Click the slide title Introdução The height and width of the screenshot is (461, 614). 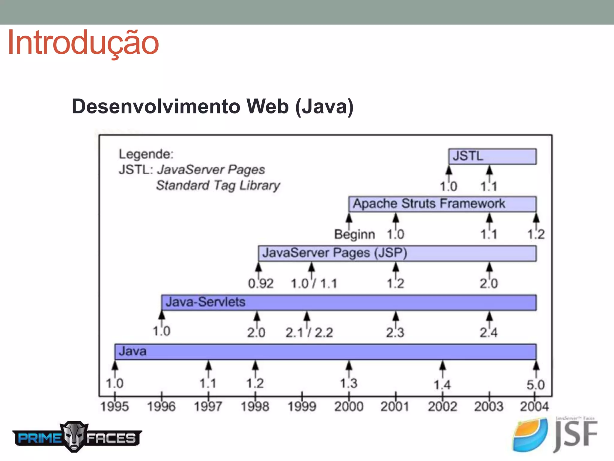pyautogui.click(x=83, y=43)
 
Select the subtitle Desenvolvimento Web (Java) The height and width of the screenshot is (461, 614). pyautogui.click(x=213, y=107)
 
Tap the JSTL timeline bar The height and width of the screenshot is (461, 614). pyautogui.click(x=492, y=156)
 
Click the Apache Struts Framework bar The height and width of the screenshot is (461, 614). pyautogui.click(x=442, y=204)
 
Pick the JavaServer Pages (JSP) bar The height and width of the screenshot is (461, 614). pyautogui.click(x=397, y=253)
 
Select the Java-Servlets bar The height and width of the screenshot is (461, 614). pyautogui.click(x=349, y=303)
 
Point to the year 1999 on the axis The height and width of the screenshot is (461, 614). pyautogui.click(x=302, y=407)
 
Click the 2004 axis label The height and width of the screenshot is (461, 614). pyautogui.click(x=534, y=407)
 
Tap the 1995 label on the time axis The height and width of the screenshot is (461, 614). pyautogui.click(x=115, y=407)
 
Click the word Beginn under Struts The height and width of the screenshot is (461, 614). pyautogui.click(x=355, y=234)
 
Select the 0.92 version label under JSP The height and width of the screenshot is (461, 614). pyautogui.click(x=261, y=284)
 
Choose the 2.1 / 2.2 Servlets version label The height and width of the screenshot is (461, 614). pyautogui.click(x=309, y=333)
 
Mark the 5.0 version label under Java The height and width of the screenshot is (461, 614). pyautogui.click(x=535, y=385)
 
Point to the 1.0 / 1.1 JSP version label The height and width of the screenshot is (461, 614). pyautogui.click(x=314, y=284)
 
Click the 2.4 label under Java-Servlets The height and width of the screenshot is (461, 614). pyautogui.click(x=488, y=333)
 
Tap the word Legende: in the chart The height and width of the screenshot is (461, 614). pyautogui.click(x=146, y=154)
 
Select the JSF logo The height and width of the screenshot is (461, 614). pyautogui.click(x=555, y=435)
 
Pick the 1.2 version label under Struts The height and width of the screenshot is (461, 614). pyautogui.click(x=536, y=234)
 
